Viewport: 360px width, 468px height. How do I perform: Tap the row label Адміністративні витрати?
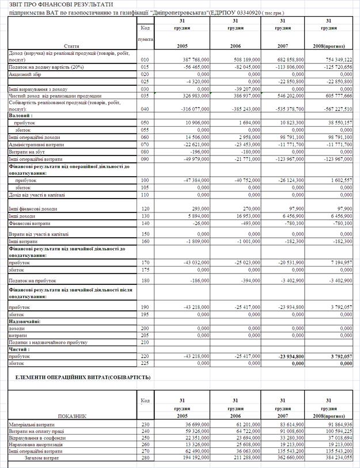(36, 145)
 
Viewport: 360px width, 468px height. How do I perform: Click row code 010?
(144, 59)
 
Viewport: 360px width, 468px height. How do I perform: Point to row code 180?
(144, 280)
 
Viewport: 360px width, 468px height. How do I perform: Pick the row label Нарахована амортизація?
(37, 445)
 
